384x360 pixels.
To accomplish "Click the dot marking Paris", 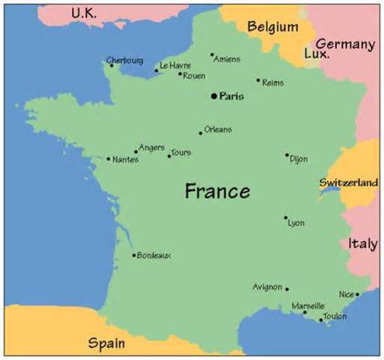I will point(214,96).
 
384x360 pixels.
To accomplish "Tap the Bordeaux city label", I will point(154,256).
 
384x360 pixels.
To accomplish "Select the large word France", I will point(217,191).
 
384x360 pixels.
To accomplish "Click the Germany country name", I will point(344,45).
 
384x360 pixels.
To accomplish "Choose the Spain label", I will point(106,343).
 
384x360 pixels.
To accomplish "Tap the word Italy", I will point(362,244).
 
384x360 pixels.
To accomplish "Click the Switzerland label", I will point(348,182).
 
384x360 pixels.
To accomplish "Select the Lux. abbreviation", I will point(316,55).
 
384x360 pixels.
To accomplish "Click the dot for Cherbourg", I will point(112,65).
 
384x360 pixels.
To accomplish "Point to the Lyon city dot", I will point(286,218).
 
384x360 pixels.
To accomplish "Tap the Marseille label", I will point(308,306).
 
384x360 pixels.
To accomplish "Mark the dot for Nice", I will point(358,295).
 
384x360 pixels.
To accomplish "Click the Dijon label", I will point(298,159).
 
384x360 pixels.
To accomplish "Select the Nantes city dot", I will point(109,159).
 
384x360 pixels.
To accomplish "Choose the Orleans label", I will point(217,130).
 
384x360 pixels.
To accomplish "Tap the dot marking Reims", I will point(258,80).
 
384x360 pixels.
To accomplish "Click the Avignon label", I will point(268,287).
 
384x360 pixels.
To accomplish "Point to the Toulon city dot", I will point(321,320).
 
